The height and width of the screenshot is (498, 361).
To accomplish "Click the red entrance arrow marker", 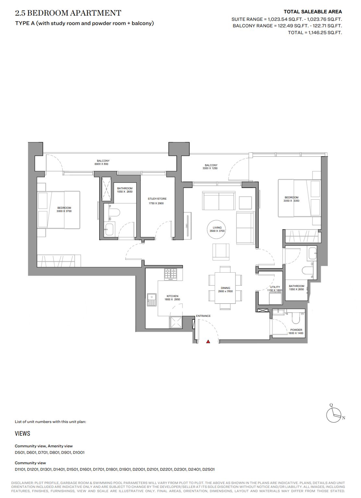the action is click(208, 342).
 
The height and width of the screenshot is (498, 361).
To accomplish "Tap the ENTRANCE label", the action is click(203, 316).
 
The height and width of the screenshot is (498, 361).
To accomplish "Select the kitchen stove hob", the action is click(171, 274).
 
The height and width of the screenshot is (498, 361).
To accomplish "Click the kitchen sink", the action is click(152, 300).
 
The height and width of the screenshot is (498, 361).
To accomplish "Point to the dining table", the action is click(225, 288).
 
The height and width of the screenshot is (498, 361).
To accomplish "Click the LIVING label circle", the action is click(217, 229).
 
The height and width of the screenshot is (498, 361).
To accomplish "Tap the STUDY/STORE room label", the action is click(157, 199).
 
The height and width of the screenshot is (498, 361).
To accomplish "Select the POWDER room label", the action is click(296, 330).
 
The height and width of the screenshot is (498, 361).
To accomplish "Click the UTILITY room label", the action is click(275, 287).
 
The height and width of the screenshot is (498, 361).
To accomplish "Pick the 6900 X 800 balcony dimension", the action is click(101, 164).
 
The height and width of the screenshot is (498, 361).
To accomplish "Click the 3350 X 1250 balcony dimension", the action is click(210, 168).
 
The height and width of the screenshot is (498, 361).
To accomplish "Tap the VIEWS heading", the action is click(22, 433).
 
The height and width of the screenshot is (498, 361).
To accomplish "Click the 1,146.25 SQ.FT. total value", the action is click(325, 33).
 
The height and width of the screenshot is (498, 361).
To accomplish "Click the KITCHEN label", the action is click(173, 296).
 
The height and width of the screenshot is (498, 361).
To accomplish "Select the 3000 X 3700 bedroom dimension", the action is click(64, 211).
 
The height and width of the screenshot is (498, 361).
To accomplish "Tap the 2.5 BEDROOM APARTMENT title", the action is click(68, 13).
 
